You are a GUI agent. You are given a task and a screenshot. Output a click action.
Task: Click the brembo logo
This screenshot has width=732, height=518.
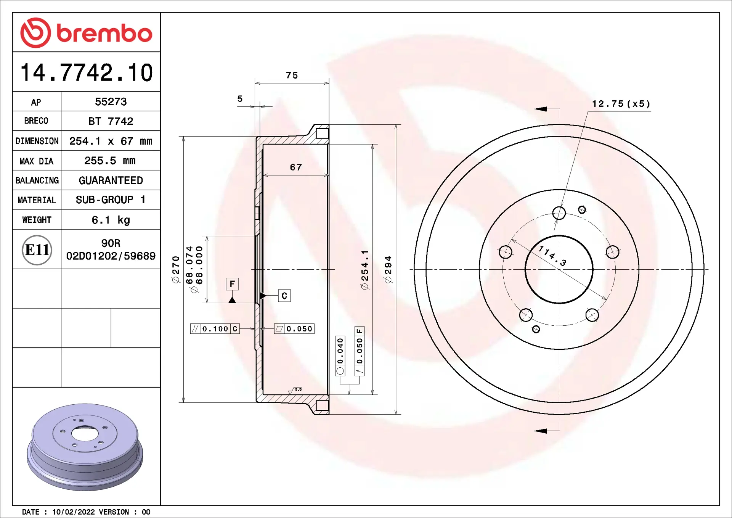pyautogui.click(x=86, y=33)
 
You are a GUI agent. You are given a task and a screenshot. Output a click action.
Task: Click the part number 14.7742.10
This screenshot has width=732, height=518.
pyautogui.click(x=87, y=72)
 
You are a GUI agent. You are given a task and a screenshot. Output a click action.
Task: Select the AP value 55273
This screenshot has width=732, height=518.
pyautogui.click(x=111, y=102)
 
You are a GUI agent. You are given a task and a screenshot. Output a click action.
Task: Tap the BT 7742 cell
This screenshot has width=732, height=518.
pyautogui.click(x=111, y=121)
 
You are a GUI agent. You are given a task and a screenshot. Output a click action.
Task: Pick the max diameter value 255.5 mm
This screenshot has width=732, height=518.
pyautogui.click(x=110, y=161)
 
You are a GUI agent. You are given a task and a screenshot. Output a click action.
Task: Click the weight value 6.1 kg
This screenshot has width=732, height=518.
pyautogui.click(x=111, y=220)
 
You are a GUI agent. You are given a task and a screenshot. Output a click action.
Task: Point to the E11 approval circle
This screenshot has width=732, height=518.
pyautogui.click(x=37, y=250)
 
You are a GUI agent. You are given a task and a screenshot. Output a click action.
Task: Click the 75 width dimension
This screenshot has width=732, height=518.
pyautogui.click(x=292, y=75)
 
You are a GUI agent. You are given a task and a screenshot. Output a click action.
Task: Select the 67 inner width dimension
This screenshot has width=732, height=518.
pyautogui.click(x=296, y=167)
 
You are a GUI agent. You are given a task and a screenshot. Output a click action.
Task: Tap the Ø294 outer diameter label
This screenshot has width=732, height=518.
pyautogui.click(x=388, y=269)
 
